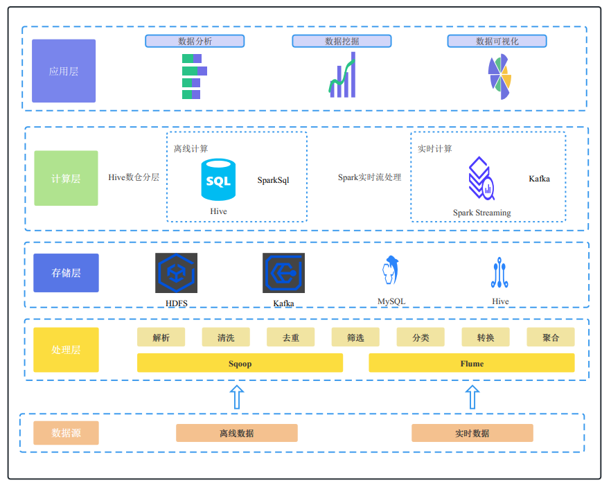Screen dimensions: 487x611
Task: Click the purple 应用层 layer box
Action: click(64, 71)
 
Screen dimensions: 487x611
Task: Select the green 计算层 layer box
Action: click(66, 178)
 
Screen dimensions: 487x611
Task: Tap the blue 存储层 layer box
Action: click(66, 272)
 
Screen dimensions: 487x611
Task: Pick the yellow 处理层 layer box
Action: click(66, 350)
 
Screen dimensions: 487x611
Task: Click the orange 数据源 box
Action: click(66, 433)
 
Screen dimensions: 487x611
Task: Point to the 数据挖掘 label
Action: click(342, 41)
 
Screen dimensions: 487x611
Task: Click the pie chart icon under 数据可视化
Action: click(499, 76)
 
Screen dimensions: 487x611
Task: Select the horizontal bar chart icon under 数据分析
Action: click(194, 76)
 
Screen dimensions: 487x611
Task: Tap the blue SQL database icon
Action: click(218, 180)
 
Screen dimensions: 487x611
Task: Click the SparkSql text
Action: click(273, 180)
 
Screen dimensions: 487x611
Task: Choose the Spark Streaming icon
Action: click(481, 179)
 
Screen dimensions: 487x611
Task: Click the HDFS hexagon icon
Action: click(176, 273)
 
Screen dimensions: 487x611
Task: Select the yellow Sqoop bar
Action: click(240, 363)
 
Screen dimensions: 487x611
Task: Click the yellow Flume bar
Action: click(471, 363)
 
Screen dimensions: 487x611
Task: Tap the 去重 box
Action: click(290, 337)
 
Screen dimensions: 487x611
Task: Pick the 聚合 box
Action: click(550, 337)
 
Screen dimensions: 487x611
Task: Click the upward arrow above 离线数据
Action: click(236, 398)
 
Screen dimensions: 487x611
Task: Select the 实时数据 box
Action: click(472, 433)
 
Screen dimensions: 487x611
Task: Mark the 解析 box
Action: click(161, 337)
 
